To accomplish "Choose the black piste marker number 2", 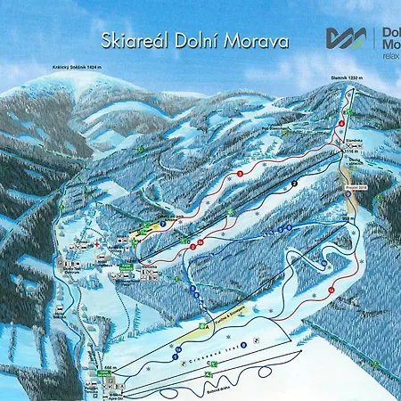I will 293,183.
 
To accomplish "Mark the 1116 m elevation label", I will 349,152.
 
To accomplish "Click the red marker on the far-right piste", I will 331,291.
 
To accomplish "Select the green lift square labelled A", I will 207,326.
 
